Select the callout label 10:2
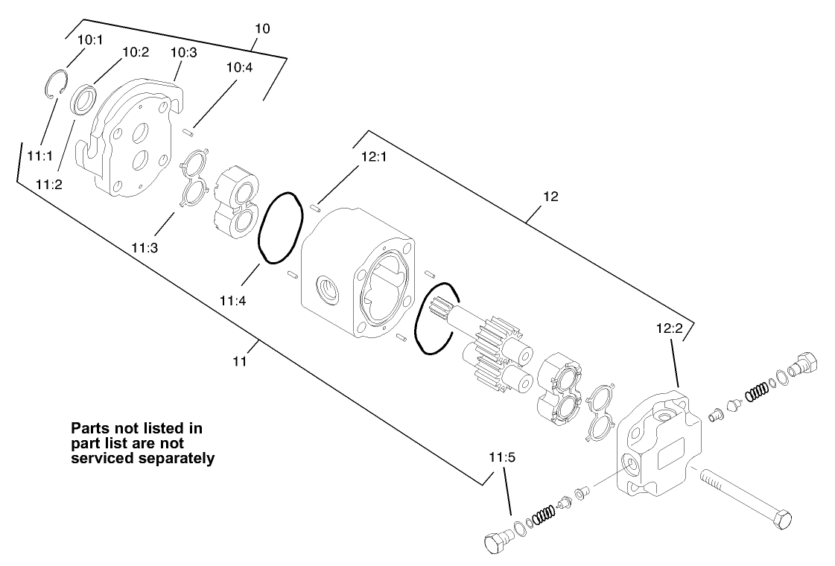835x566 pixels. pos(136,51)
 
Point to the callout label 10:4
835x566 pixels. pos(240,67)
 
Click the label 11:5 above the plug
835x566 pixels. pos(502,457)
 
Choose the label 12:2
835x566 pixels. pos(670,327)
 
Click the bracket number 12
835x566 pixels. pos(550,197)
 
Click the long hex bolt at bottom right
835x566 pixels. pos(745,495)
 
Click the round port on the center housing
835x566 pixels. pos(328,286)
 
